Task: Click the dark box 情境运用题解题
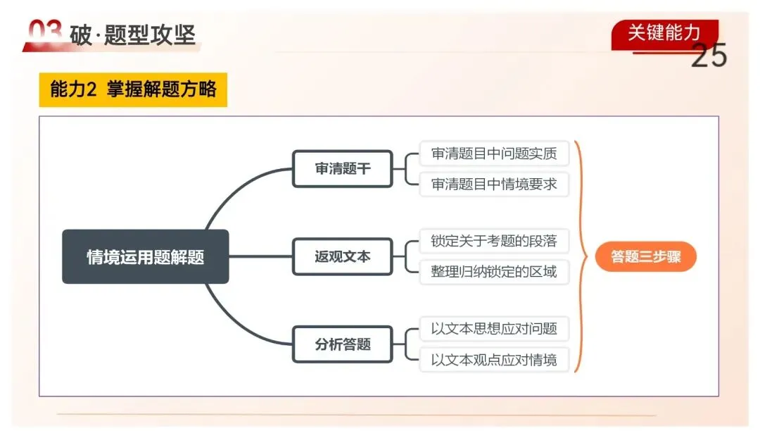pos(145,257)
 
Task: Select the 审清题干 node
pos(342,169)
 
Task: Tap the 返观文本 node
pos(342,257)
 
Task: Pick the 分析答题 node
pos(342,344)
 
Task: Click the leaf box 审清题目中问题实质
pos(494,154)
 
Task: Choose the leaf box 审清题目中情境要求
pos(494,184)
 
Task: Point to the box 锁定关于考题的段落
pos(494,242)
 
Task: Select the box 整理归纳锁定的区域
pos(494,272)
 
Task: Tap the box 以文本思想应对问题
pos(494,329)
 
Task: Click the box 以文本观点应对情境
pos(494,360)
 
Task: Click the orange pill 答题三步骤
pos(645,257)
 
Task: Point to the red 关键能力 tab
pos(664,32)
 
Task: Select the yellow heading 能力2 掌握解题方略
pos(133,90)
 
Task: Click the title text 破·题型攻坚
pos(133,35)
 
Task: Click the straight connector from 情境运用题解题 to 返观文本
pos(260,257)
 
